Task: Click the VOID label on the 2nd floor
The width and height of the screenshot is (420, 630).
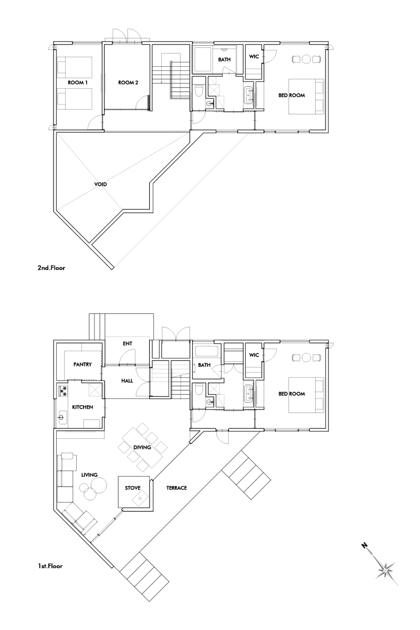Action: [x=100, y=184]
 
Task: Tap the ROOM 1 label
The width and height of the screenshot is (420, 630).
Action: [x=78, y=83]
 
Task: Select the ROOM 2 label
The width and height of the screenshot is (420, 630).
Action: [x=128, y=83]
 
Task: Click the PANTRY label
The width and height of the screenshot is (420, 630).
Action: [x=82, y=364]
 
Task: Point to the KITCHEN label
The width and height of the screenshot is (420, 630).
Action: [x=82, y=407]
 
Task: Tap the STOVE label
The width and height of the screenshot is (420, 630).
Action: [x=132, y=488]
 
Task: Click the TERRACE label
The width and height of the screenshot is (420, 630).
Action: [x=176, y=488]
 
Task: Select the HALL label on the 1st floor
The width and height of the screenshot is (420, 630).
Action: [x=127, y=381]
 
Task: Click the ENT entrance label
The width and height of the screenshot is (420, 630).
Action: [x=128, y=343]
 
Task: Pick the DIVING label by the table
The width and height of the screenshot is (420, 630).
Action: [x=142, y=447]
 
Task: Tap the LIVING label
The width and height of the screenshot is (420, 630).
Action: [x=89, y=475]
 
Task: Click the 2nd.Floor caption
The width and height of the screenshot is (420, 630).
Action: [x=51, y=267]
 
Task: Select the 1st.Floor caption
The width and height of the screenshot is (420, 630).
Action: [x=50, y=566]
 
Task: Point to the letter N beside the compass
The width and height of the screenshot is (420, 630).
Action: [x=364, y=545]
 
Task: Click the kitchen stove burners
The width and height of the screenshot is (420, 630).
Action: [x=62, y=391]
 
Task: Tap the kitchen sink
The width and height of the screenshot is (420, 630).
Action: [x=62, y=417]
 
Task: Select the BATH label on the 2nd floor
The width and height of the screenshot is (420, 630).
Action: [x=224, y=60]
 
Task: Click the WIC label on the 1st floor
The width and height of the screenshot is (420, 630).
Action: [x=254, y=355]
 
